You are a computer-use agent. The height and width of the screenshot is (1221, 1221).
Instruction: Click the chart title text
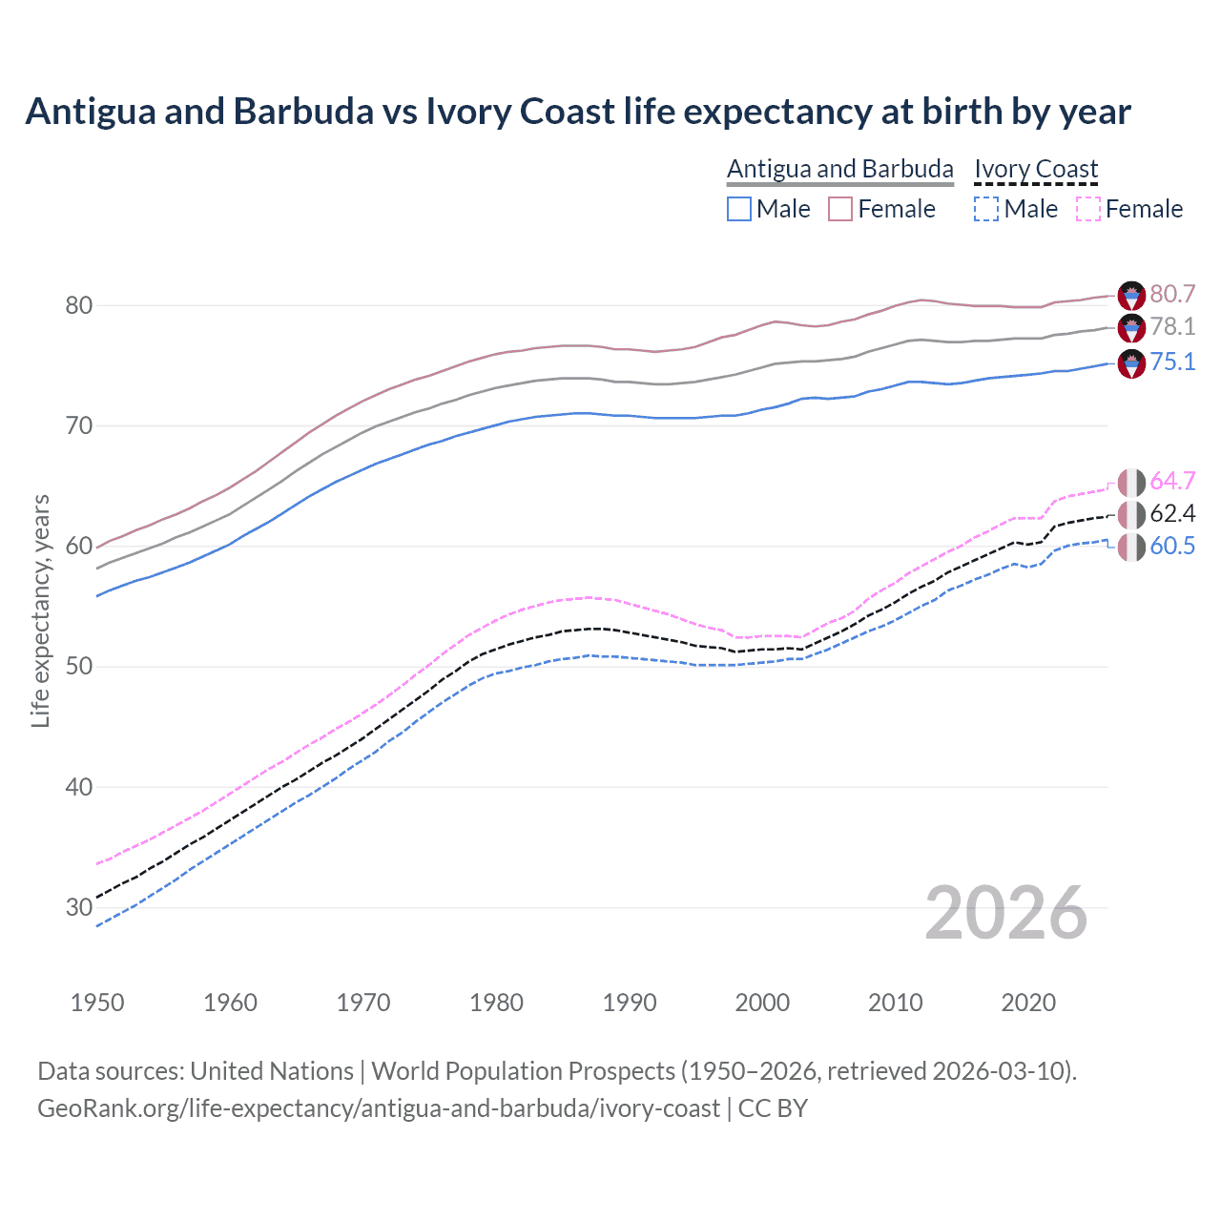(x=578, y=112)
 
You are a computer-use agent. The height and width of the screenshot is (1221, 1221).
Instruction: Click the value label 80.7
(x=1172, y=294)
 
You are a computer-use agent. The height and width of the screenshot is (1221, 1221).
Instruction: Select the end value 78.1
(x=1172, y=326)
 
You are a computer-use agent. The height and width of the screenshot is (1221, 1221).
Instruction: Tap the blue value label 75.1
(x=1172, y=362)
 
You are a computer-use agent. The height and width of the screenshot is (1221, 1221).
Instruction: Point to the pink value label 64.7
(x=1172, y=481)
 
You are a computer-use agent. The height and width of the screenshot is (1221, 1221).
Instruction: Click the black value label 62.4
(x=1172, y=513)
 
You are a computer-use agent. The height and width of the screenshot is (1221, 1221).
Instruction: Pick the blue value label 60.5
(x=1172, y=546)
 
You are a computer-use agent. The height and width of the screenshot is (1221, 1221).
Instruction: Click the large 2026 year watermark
(x=1005, y=913)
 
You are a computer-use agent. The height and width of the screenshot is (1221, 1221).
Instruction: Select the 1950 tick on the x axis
(x=97, y=1003)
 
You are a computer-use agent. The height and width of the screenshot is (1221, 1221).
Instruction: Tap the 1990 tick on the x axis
(x=630, y=1003)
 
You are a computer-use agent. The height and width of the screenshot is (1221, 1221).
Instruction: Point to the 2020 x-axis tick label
(x=1028, y=1003)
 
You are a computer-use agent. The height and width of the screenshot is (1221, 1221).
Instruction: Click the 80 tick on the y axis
(x=78, y=305)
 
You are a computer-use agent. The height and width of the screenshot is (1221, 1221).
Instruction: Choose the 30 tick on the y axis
(x=78, y=907)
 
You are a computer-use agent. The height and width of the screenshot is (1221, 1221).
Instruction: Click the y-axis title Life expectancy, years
(x=40, y=610)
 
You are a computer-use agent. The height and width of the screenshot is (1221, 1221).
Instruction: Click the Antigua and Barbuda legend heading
(x=839, y=169)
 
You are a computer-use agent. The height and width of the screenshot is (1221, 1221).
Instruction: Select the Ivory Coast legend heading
(x=1036, y=169)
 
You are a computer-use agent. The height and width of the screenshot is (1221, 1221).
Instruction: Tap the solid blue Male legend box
(x=739, y=209)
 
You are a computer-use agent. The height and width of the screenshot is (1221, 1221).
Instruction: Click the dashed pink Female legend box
(x=1087, y=209)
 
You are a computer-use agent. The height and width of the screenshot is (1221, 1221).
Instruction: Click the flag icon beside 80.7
(x=1131, y=295)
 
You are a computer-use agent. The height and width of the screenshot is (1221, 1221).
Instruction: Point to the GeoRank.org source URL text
(x=378, y=1108)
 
